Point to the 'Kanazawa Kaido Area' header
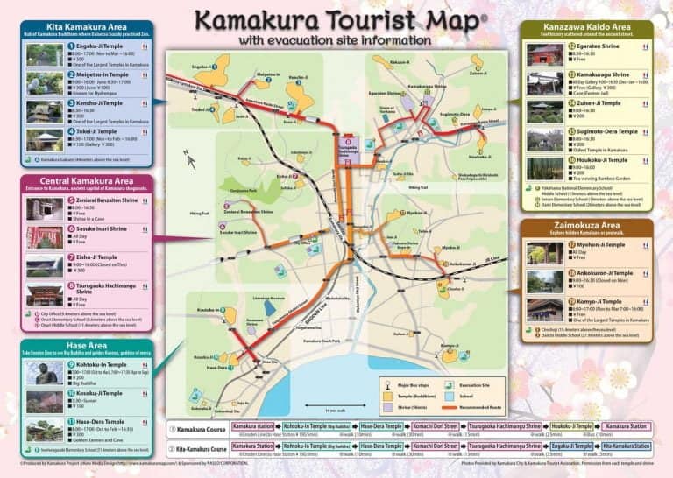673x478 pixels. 584,27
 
